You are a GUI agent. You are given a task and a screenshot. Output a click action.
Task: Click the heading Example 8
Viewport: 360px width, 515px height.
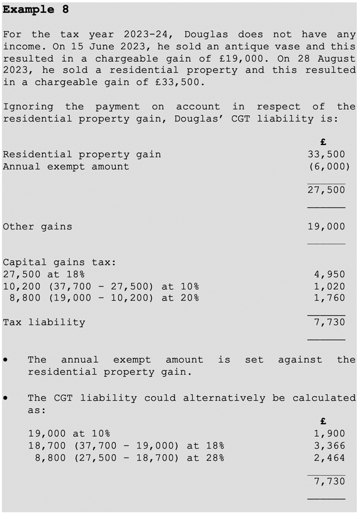36,10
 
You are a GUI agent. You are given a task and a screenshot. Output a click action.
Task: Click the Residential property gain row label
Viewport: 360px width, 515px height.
82,154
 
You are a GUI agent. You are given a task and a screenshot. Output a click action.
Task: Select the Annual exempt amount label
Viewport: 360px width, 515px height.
66,166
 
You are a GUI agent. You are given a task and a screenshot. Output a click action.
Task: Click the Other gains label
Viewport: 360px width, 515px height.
38,226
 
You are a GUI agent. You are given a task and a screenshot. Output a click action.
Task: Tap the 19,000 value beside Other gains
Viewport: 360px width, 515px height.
326,226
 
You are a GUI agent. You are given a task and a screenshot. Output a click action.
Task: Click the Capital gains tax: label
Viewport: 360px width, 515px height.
60,262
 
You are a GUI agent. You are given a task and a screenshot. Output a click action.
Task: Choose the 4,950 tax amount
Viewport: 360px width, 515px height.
329,274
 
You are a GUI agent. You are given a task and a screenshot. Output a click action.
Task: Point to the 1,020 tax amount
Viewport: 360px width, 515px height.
329,287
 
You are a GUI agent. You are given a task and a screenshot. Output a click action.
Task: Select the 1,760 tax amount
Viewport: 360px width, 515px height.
329,298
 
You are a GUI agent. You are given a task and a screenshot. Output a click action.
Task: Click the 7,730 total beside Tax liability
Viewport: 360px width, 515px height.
329,323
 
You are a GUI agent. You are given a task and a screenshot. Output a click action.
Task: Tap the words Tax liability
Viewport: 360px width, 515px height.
44,323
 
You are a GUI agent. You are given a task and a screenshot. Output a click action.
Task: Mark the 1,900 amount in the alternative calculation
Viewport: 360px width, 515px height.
329,434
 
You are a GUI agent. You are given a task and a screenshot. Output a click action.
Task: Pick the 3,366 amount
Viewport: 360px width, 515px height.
329,446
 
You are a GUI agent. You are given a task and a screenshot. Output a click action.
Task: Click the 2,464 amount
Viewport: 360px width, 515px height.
329,458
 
